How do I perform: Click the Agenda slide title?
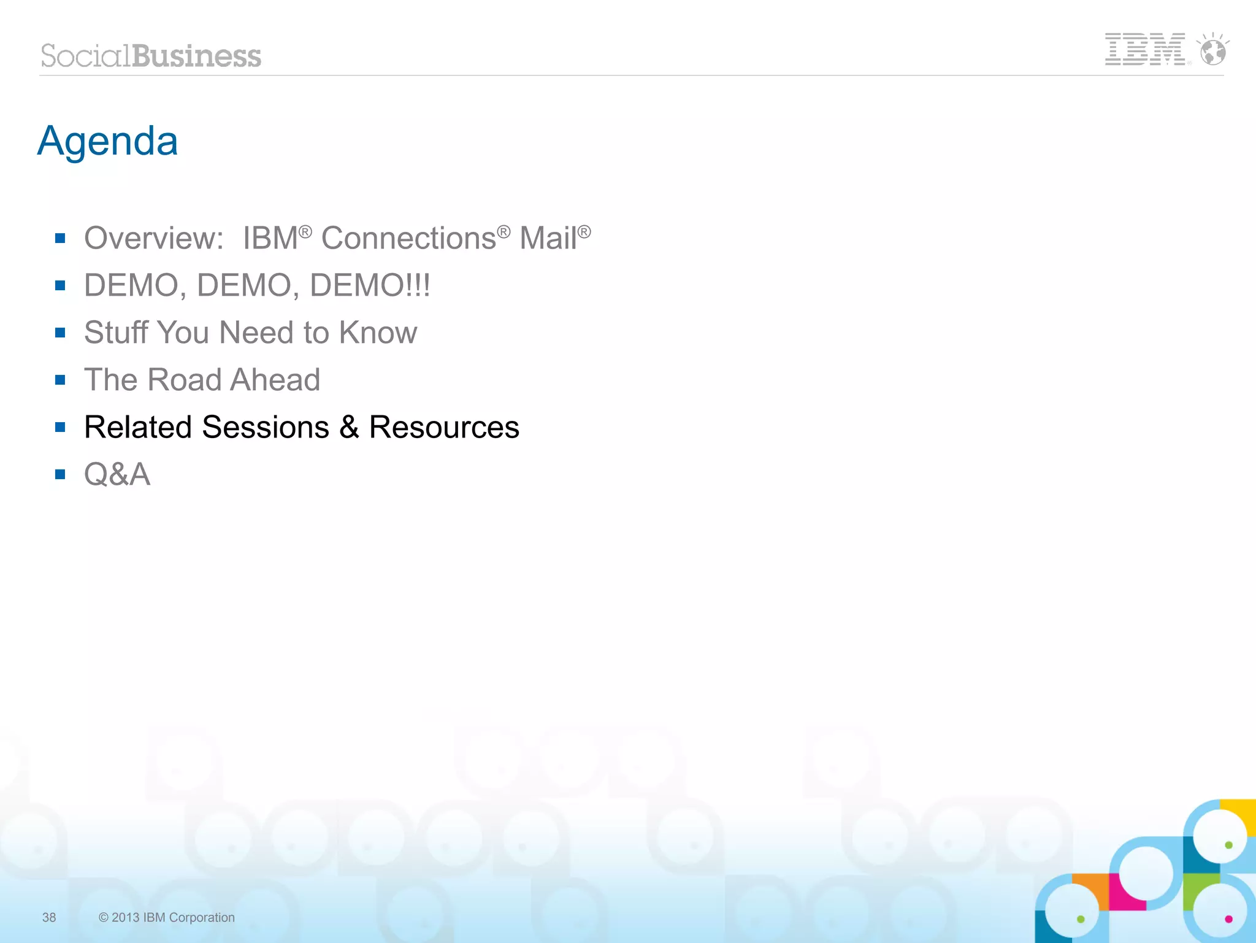(107, 142)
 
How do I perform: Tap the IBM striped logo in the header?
(1144, 49)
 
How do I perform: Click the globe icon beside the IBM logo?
(1212, 50)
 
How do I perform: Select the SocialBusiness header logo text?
(151, 56)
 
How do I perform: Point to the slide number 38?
(49, 917)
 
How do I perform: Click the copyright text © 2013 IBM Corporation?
(167, 917)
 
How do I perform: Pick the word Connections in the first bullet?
(408, 238)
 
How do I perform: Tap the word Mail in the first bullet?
(548, 238)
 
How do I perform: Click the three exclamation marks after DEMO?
(417, 285)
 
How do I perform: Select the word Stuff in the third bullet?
(116, 333)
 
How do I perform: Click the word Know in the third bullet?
(378, 333)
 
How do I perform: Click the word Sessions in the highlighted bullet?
(266, 427)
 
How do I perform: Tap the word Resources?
(444, 427)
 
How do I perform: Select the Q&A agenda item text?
(117, 474)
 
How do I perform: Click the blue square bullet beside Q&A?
(60, 474)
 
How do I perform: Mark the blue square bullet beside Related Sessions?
(60, 427)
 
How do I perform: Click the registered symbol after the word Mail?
(584, 232)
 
